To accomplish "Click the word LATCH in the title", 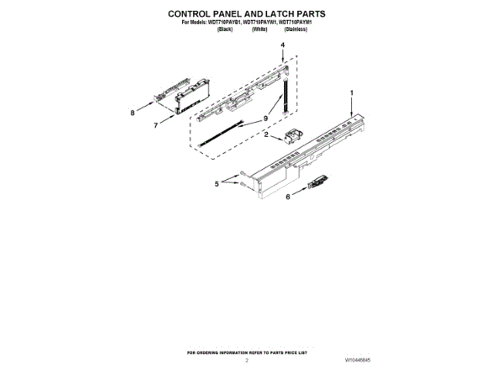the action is (x=283, y=14).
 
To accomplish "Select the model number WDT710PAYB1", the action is (x=219, y=22).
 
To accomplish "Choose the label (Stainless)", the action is (x=296, y=29).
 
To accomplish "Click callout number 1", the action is (x=353, y=93).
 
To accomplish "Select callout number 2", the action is (x=266, y=135).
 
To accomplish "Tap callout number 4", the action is (x=283, y=46).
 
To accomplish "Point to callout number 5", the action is (x=216, y=183).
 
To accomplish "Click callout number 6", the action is (x=289, y=198).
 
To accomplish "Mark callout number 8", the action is (x=132, y=112).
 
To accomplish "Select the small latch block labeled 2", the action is (x=291, y=138).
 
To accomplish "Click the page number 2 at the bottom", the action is (x=247, y=361).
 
